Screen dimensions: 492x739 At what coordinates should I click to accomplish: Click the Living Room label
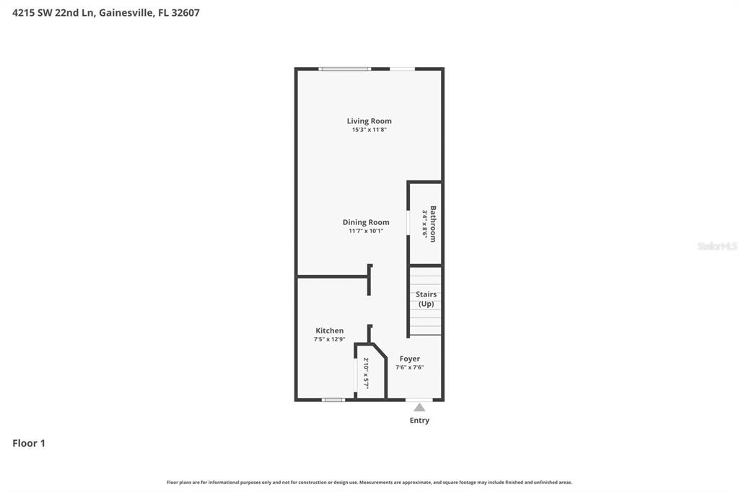click(x=369, y=121)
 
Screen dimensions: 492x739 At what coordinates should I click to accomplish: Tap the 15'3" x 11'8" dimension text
click(x=369, y=131)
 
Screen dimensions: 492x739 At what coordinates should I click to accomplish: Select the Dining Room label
click(x=366, y=222)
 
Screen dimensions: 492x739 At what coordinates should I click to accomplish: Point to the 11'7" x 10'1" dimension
click(x=366, y=232)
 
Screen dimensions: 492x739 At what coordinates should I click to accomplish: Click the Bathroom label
click(x=433, y=224)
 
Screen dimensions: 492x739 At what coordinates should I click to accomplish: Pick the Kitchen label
click(x=329, y=330)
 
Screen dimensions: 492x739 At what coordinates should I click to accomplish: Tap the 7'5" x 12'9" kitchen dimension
click(x=329, y=340)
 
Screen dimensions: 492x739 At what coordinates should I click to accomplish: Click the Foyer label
click(x=409, y=359)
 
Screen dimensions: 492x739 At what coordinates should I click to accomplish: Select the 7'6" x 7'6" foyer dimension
click(x=409, y=368)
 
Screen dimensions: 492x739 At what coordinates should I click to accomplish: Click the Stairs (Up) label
click(x=426, y=299)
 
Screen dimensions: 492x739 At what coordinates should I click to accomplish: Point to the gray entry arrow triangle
click(x=419, y=408)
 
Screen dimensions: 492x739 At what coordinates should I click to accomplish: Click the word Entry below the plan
click(x=419, y=421)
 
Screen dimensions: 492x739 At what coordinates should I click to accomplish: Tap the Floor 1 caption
click(x=29, y=444)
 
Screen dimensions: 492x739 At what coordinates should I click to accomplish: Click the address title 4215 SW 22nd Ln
click(x=105, y=12)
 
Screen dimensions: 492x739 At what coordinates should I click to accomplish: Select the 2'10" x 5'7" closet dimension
click(x=366, y=373)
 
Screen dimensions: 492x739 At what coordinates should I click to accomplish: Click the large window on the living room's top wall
click(x=345, y=69)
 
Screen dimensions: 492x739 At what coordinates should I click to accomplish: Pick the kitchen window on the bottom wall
click(x=333, y=400)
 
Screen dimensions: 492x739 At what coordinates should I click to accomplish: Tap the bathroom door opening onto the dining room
click(x=408, y=223)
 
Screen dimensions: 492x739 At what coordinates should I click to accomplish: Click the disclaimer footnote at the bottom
click(x=369, y=483)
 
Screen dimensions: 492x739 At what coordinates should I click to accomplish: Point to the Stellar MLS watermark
click(x=717, y=246)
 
